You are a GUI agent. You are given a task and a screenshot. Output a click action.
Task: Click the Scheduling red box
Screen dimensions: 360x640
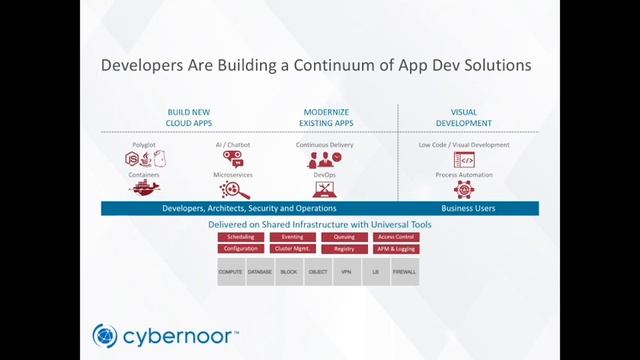tap(240, 237)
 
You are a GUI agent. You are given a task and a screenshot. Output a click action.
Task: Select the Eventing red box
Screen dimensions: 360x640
tap(292, 237)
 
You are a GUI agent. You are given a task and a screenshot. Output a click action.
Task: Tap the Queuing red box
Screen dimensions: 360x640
tap(344, 237)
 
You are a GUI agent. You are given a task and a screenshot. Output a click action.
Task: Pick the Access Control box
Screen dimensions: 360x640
tap(396, 237)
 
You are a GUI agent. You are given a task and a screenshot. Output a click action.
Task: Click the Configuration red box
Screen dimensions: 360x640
tap(240, 248)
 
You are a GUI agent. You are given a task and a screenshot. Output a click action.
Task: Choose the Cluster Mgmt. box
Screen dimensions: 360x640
tap(292, 248)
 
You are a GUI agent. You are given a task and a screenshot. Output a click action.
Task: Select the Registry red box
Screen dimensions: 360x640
tap(344, 248)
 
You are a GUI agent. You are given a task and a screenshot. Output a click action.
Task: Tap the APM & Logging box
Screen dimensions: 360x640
tap(396, 248)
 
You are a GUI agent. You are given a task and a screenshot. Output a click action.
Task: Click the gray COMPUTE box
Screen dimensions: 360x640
tap(231, 271)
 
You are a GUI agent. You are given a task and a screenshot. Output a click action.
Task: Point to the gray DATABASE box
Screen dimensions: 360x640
tap(260, 271)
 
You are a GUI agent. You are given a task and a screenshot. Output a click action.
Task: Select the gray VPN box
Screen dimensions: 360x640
tap(346, 271)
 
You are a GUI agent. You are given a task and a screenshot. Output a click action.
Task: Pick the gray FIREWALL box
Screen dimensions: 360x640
tap(404, 271)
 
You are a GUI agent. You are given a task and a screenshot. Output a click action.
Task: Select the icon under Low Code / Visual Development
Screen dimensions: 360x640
tap(464, 160)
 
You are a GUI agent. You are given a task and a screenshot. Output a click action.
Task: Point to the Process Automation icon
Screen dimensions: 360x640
tap(464, 189)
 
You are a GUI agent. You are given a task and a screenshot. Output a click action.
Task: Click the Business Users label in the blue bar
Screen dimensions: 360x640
tap(468, 208)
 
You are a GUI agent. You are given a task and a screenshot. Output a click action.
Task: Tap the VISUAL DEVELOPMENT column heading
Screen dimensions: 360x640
tap(464, 117)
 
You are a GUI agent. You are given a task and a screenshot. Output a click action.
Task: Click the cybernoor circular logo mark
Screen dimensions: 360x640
tap(105, 335)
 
